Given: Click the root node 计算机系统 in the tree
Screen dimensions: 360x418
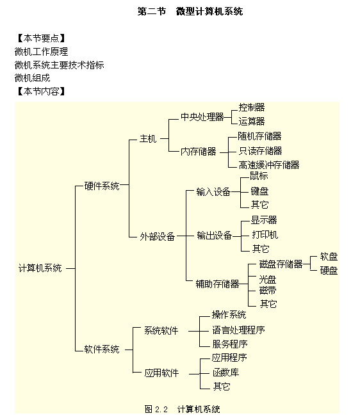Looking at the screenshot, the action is coord(40,268).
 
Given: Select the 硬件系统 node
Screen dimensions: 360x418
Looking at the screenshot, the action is coord(102,186).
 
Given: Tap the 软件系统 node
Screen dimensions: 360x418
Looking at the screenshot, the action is coord(102,349).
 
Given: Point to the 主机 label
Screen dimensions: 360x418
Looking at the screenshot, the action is coord(147,139).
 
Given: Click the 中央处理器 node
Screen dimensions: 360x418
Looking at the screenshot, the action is coord(202,117).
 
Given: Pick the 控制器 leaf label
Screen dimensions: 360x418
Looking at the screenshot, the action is coord(252,107).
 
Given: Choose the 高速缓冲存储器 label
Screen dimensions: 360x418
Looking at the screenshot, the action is coord(269,165).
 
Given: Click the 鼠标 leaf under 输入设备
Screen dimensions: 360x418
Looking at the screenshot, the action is coord(259,176).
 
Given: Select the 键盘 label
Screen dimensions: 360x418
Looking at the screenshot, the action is coord(259,191).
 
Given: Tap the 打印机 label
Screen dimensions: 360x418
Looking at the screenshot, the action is coord(265,234).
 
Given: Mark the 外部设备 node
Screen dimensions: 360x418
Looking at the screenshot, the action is coord(157,236).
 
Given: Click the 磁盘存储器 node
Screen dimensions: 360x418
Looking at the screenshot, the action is coord(281,264).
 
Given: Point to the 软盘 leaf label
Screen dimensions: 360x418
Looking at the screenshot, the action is coord(329,257).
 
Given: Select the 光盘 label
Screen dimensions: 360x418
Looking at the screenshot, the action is coord(268,279).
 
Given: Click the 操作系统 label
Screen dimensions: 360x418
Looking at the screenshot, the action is coord(229,315).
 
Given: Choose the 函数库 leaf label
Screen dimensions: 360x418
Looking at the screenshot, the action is coord(225,373).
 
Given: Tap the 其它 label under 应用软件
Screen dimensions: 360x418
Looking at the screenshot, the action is coord(222,386).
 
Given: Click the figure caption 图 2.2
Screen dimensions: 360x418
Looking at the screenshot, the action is coord(156,409).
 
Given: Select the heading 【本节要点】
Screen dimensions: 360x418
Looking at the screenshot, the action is coord(41,38).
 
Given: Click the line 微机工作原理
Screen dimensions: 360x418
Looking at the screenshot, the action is coord(42,51).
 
